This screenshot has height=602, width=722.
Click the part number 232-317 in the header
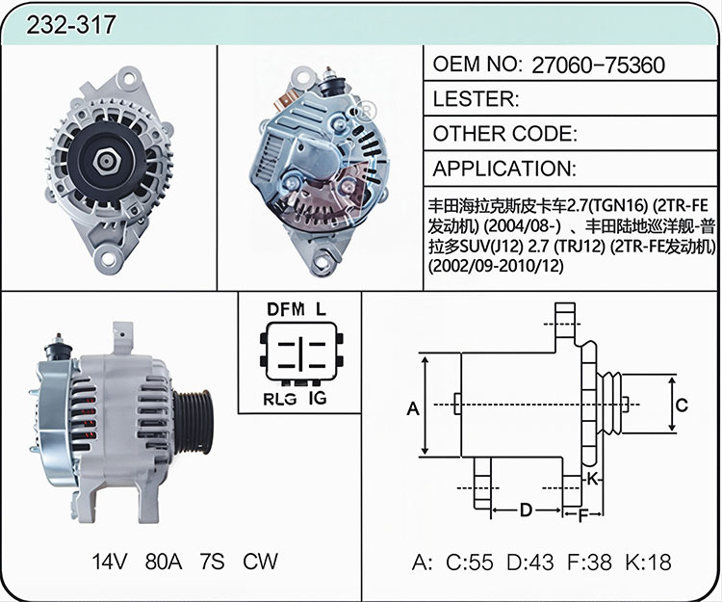(70, 24)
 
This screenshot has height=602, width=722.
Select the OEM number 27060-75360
(598, 65)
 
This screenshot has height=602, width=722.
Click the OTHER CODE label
(504, 134)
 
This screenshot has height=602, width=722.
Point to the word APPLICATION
(504, 169)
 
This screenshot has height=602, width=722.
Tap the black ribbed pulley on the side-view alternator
(193, 422)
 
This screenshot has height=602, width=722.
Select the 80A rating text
(164, 562)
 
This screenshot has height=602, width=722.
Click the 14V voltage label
(109, 562)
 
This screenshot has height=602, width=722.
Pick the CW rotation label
(260, 562)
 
